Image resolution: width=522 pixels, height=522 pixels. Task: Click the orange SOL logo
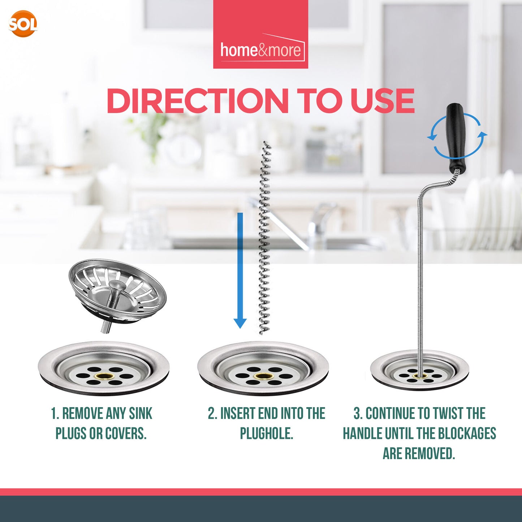tap(23, 24)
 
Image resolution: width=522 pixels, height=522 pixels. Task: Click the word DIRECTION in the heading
tap(197, 101)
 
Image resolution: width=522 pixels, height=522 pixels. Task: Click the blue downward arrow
tap(240, 271)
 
